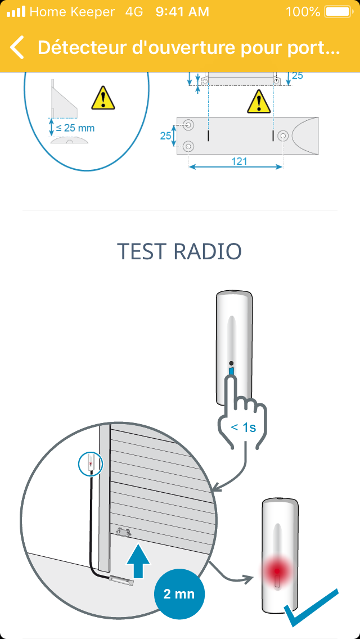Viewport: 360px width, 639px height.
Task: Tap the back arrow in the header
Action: pos(17,47)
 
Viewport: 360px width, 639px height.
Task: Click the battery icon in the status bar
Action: pos(339,12)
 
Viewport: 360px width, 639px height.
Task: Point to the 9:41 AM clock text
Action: pos(182,12)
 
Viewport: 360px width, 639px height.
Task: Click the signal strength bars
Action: pos(16,12)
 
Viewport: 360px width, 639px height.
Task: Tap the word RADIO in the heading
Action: pos(208,251)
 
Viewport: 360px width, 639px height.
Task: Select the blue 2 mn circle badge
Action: pos(179,594)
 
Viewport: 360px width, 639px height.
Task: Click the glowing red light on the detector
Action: pos(277,571)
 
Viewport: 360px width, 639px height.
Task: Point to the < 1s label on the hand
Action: pos(244,427)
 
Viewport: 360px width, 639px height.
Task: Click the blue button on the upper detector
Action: pos(232,372)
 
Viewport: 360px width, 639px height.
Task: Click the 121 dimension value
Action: pos(239,161)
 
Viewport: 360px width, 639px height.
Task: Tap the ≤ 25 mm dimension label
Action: pos(75,128)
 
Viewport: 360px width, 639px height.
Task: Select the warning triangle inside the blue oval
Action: pos(103,98)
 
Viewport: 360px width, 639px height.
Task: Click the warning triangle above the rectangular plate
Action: pos(259,101)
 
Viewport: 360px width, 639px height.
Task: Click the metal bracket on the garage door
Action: pos(124,532)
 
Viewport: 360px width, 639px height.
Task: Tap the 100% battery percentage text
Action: pos(303,12)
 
